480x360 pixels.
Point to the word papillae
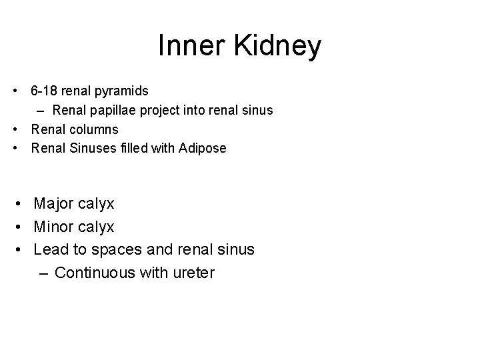[114, 110]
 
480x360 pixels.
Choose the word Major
[55, 203]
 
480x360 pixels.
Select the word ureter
[193, 273]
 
